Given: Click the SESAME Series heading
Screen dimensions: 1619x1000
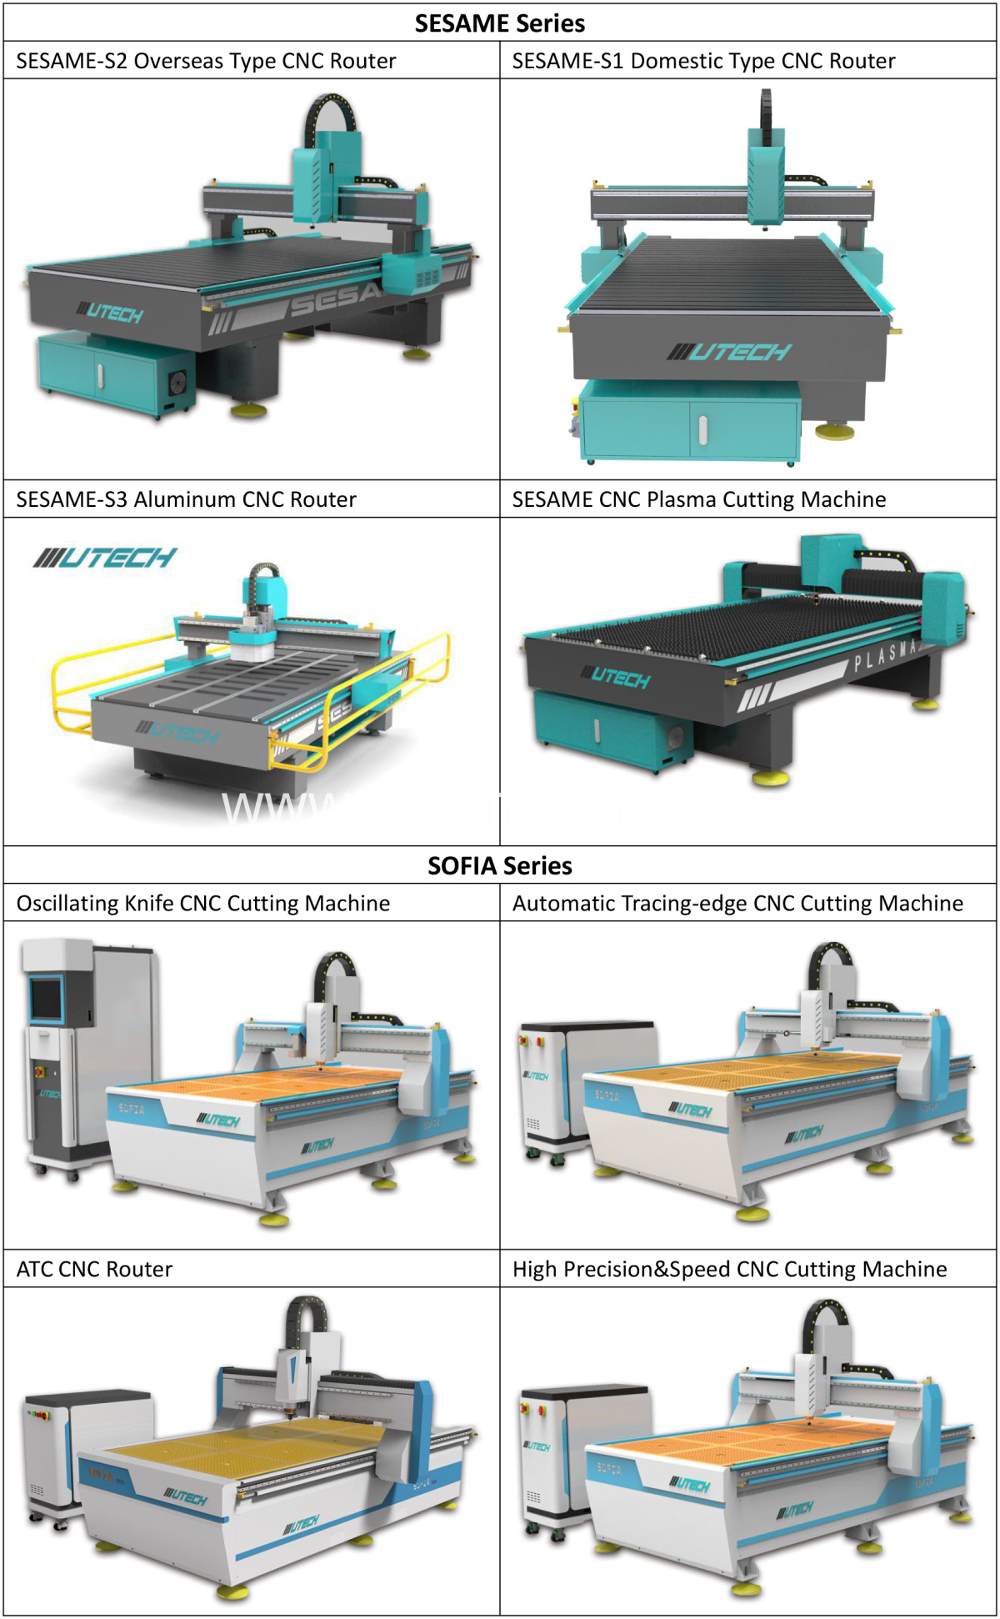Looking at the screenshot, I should [x=499, y=23].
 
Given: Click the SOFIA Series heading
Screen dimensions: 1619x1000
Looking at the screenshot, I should [x=499, y=865].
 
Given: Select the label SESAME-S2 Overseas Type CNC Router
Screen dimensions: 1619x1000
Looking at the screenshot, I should [x=206, y=61].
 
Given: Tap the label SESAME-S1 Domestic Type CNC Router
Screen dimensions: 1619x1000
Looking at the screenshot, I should [x=703, y=61].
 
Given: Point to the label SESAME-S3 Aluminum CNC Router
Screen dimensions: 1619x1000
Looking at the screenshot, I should [x=186, y=499].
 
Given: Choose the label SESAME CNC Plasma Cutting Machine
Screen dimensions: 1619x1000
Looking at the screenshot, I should [x=698, y=499].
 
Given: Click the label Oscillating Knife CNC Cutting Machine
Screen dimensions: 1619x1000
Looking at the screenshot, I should [x=203, y=904].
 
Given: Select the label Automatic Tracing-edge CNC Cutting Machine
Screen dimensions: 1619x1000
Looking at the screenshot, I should [x=737, y=904].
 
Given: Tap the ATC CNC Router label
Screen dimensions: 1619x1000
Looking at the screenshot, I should [x=94, y=1269].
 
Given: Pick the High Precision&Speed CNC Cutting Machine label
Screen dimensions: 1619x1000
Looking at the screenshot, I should [x=729, y=1269].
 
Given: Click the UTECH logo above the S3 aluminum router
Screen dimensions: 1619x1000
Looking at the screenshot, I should [x=105, y=558].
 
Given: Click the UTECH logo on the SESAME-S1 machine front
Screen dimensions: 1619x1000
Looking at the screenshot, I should [x=728, y=352].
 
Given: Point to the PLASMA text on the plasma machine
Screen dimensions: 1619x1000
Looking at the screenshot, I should [x=885, y=655].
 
